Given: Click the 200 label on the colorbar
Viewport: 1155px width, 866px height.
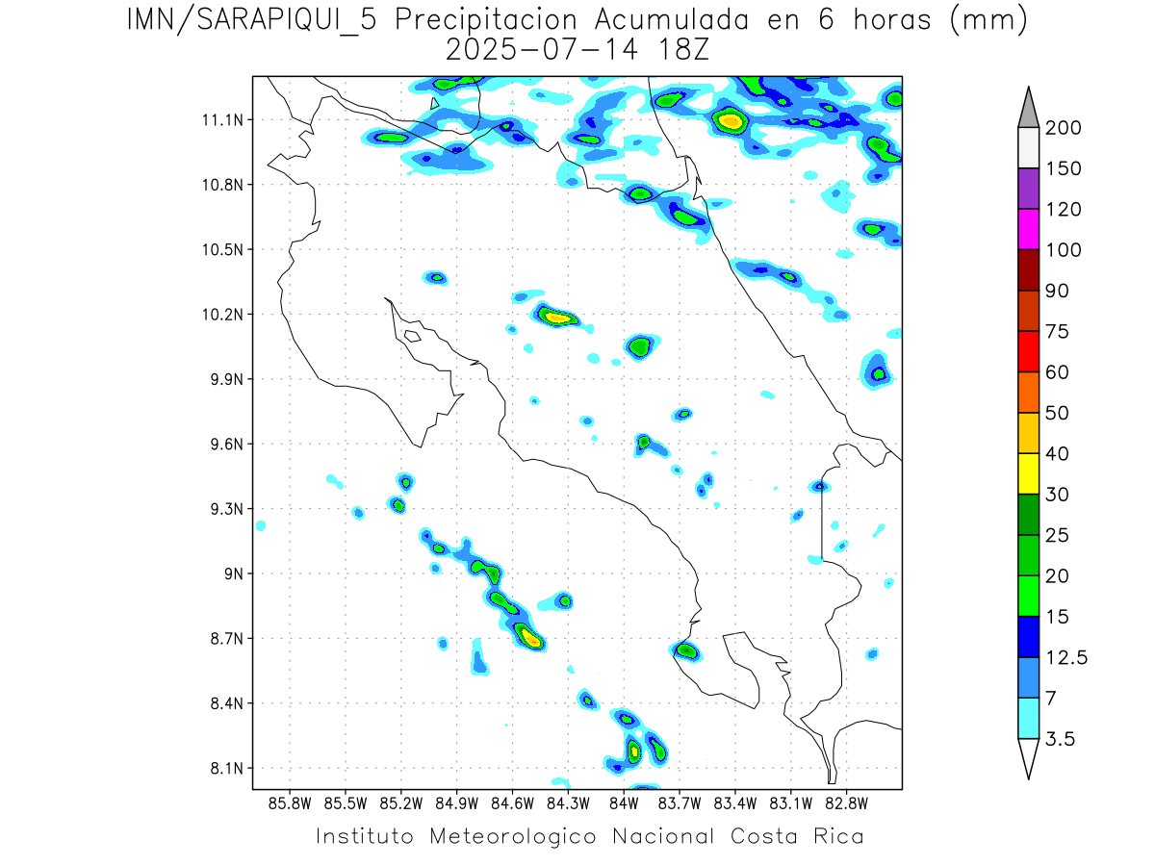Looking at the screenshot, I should click(1063, 128).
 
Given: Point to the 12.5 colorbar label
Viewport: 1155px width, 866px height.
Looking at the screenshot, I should click(1066, 657).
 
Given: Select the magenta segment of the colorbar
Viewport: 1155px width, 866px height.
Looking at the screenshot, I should click(1028, 229).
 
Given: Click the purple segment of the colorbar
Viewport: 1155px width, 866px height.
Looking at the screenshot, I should click(1028, 189).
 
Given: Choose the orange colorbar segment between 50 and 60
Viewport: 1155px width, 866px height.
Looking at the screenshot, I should click(1028, 392).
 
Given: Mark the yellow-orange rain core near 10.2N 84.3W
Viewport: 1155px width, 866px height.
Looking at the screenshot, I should click(557, 316).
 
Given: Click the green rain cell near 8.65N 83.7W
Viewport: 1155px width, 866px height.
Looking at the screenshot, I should click(686, 650).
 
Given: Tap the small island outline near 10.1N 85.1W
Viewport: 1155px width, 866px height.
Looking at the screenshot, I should click(412, 336).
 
